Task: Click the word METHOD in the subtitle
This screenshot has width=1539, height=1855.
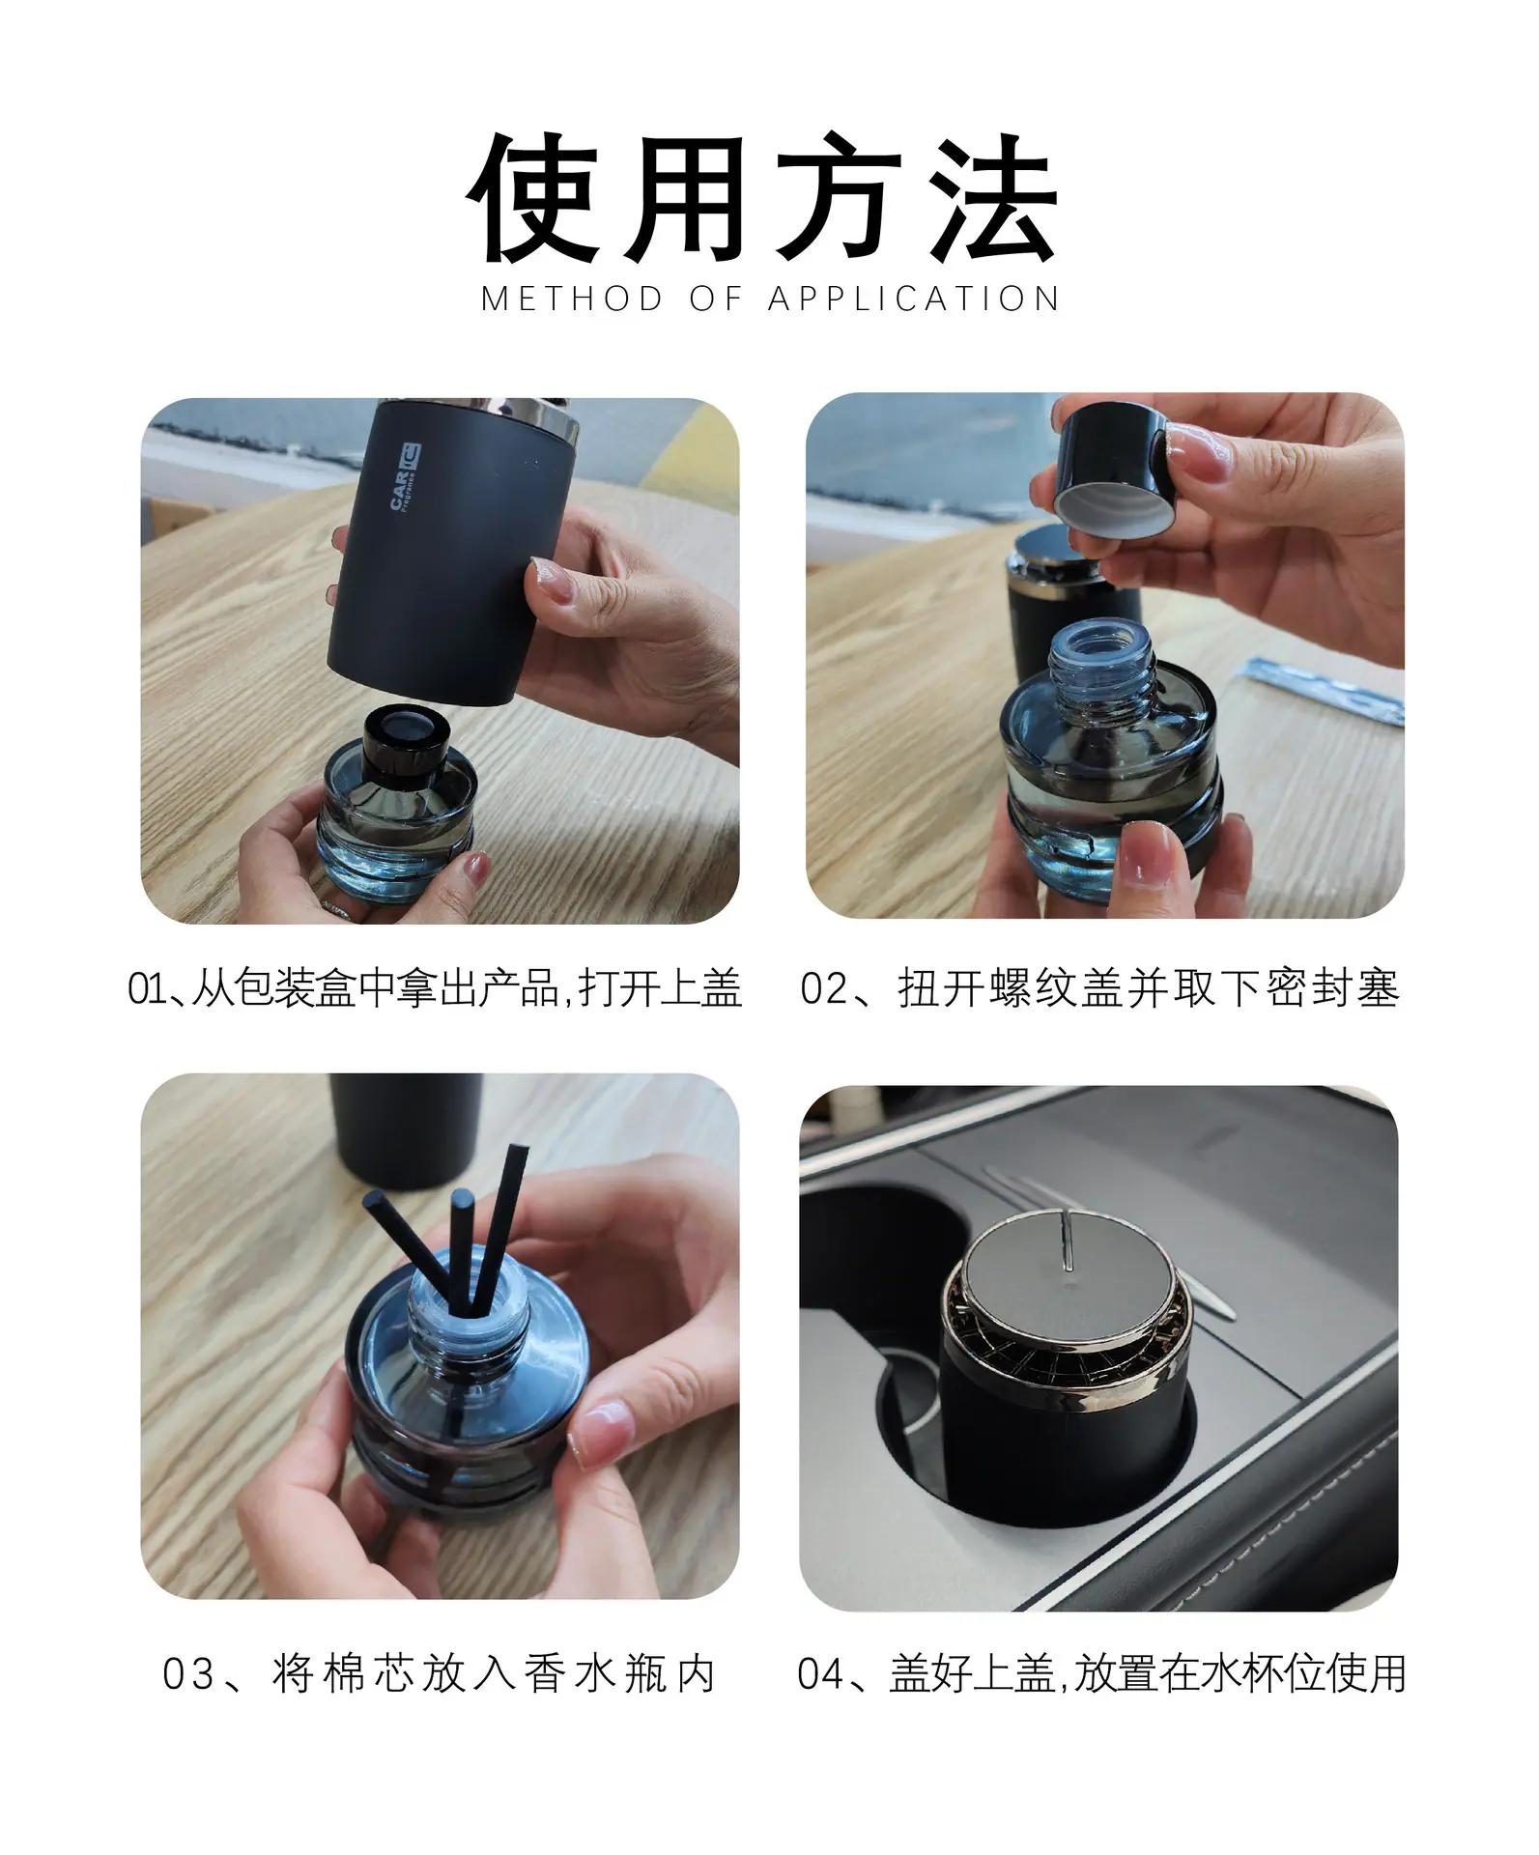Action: click(572, 300)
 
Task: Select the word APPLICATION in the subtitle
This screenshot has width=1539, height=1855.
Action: click(914, 300)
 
